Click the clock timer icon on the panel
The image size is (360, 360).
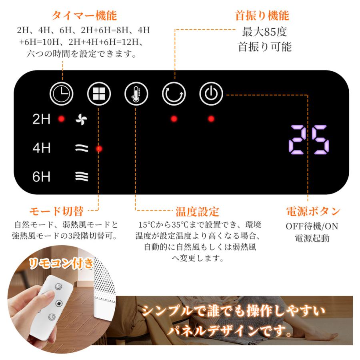click(61, 94)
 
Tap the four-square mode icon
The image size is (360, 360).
click(99, 94)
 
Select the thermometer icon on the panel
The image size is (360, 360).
click(136, 94)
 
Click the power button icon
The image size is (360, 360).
click(211, 94)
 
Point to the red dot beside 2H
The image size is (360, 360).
click(61, 119)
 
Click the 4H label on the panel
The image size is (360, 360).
click(41, 148)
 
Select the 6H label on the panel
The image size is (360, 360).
click(41, 176)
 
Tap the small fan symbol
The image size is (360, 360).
click(82, 119)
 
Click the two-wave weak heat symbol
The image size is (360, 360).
click(82, 148)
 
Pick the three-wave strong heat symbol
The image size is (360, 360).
click(82, 176)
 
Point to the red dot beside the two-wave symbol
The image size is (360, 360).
click(99, 149)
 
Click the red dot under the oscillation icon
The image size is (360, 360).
click(174, 119)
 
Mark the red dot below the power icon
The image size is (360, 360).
click(211, 119)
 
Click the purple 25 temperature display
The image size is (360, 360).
click(309, 140)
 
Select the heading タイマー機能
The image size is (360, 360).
click(84, 16)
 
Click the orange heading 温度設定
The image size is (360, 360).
click(197, 212)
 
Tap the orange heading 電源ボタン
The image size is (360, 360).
click(313, 211)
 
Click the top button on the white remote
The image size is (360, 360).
click(59, 286)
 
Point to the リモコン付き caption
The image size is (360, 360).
click(61, 263)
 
